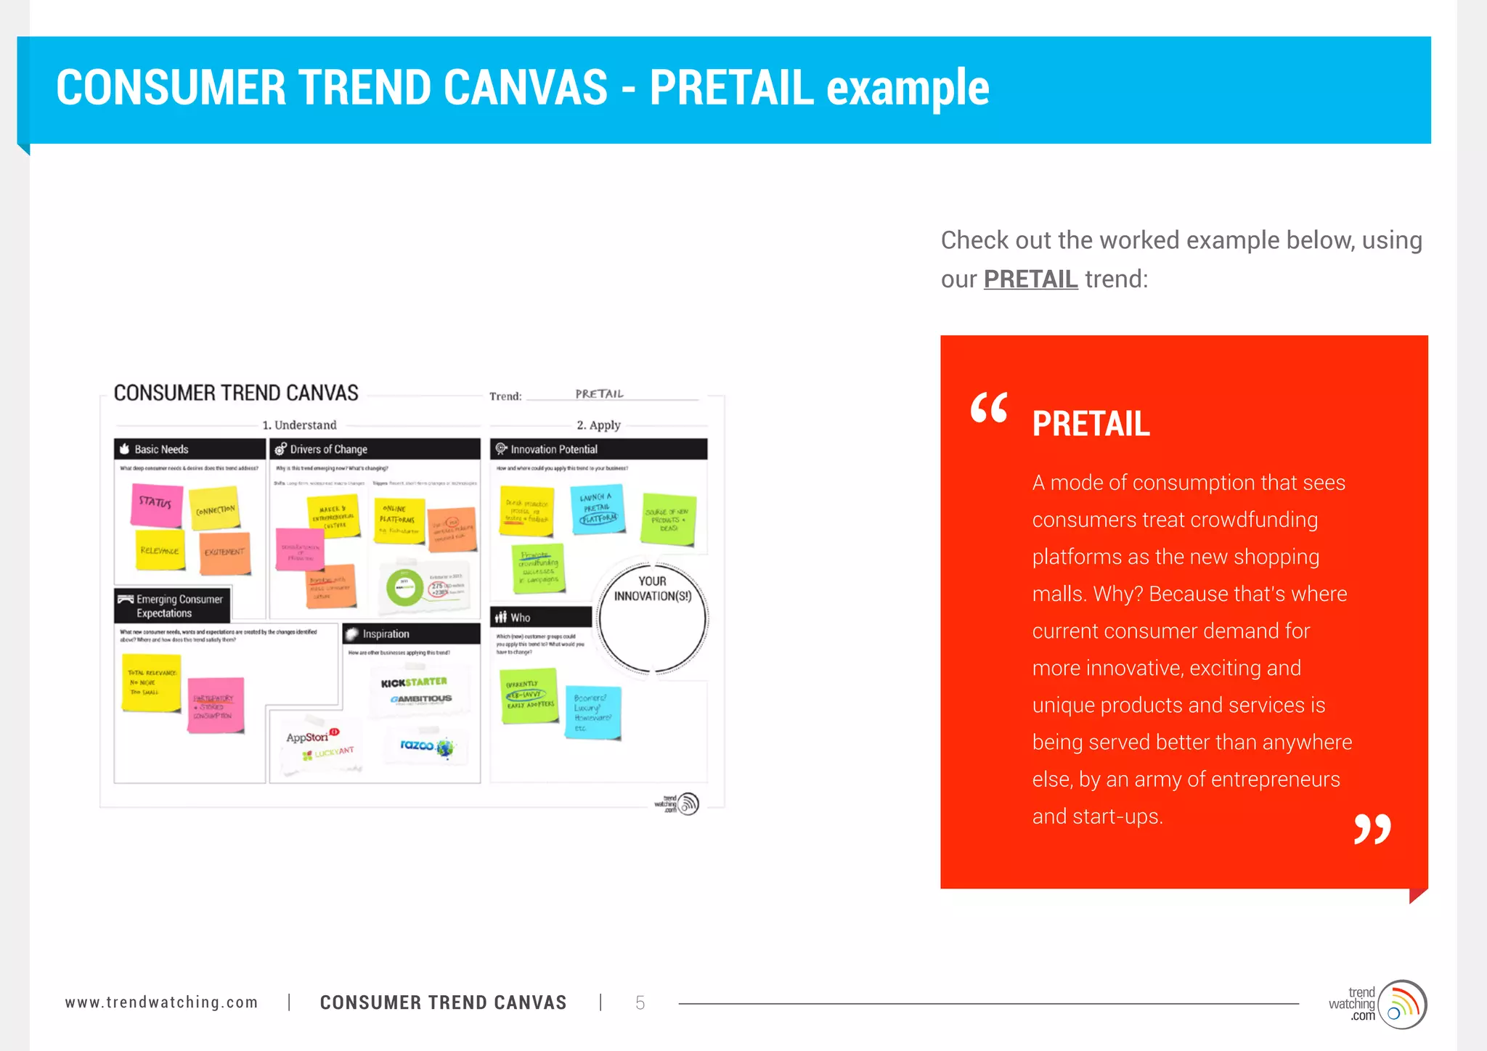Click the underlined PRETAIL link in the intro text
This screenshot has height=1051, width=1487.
tap(1030, 279)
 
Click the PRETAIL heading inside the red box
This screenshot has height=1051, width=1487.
tap(1091, 424)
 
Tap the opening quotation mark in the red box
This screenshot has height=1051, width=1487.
tap(988, 408)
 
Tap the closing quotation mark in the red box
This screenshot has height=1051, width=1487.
tap(1372, 829)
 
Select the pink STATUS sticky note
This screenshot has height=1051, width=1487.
tap(156, 504)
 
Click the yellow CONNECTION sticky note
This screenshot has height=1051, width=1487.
tap(214, 509)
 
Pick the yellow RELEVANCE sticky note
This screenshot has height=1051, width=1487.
tap(160, 550)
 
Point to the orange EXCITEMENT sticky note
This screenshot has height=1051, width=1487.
tap(224, 553)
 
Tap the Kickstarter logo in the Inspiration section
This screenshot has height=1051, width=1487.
tap(414, 682)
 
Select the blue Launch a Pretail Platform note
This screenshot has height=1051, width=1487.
tap(598, 508)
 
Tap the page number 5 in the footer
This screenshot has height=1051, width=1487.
tap(640, 1003)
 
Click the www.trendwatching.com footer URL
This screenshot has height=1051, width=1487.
tap(161, 1002)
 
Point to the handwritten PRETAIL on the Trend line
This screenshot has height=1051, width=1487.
tap(599, 394)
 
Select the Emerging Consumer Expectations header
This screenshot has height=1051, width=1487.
tap(173, 606)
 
